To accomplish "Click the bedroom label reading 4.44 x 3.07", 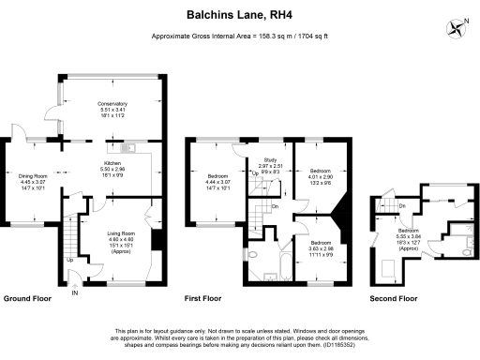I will point(220,182).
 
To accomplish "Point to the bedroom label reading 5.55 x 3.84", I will point(408,235).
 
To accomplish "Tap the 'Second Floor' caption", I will point(394,297).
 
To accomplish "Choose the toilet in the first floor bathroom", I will point(254,255).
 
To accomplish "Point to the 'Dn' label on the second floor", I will point(401,205).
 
